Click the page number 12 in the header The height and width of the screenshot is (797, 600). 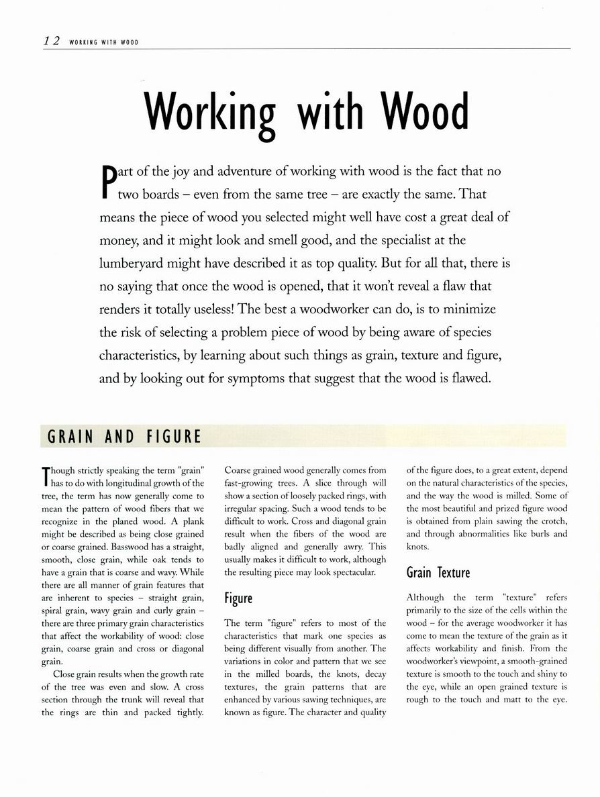(x=52, y=41)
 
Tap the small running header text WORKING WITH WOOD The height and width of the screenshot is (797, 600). (x=103, y=42)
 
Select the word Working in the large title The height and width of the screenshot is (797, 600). (x=211, y=113)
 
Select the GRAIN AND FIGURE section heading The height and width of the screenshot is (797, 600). (x=124, y=437)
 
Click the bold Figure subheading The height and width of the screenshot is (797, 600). (x=238, y=598)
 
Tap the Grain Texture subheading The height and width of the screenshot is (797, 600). (x=438, y=572)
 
